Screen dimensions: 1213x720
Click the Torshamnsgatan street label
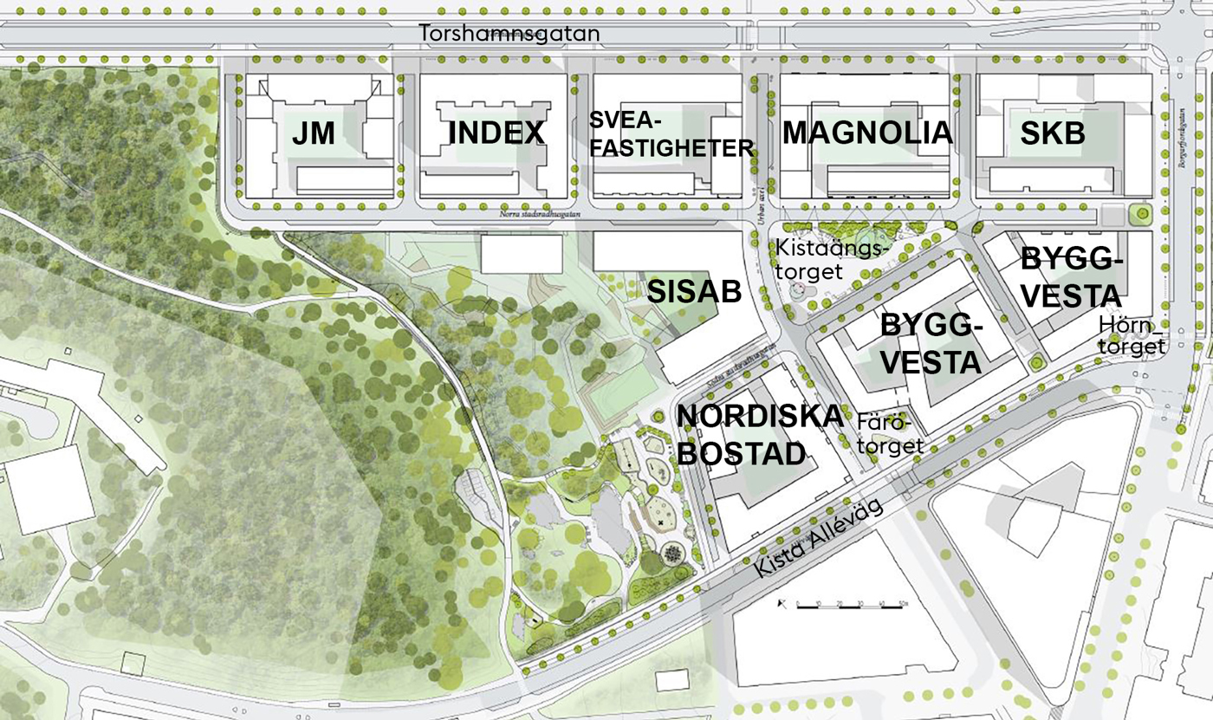point(509,33)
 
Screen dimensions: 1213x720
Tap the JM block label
point(313,133)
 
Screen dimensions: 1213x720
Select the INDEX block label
point(496,133)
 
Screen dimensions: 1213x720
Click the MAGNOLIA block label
point(867,133)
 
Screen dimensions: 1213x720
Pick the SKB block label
point(1052,133)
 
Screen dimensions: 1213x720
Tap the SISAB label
point(695,291)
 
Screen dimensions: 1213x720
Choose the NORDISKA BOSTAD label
point(759,434)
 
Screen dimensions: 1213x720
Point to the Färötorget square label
point(890,435)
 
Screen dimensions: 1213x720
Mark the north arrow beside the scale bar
point(782,602)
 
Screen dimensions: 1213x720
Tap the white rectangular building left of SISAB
point(522,254)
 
